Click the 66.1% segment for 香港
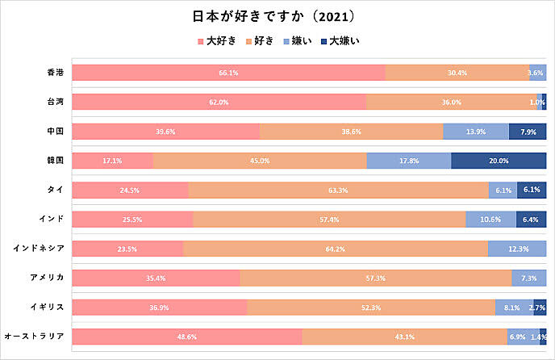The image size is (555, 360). (228, 73)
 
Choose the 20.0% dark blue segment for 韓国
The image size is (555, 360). (499, 161)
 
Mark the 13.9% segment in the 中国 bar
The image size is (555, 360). (476, 132)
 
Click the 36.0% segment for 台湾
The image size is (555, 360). (451, 102)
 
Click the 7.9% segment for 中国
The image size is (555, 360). (528, 132)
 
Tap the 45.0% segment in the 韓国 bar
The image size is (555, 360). (259, 161)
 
